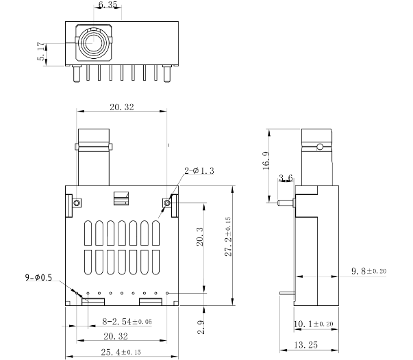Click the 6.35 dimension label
pos(108,5)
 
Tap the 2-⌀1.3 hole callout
pos(199,170)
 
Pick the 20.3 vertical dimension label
pos(199,239)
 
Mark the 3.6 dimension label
pos(286,179)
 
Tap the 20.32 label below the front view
pos(116,336)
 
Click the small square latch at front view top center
pos(121,199)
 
